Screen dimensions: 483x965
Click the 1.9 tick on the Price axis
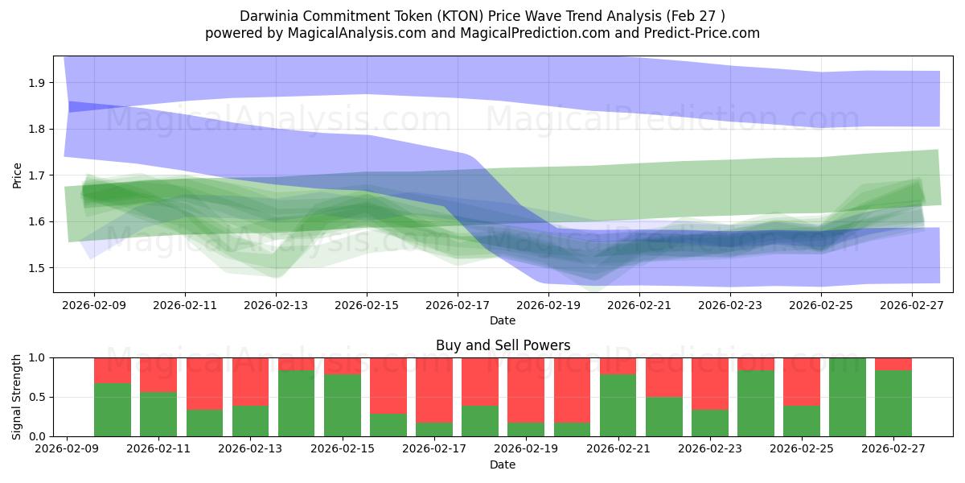[x=37, y=83]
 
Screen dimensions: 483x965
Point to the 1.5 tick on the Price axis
[x=37, y=268]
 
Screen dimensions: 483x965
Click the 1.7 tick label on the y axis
[x=37, y=175]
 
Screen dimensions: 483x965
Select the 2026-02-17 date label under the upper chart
[x=458, y=306]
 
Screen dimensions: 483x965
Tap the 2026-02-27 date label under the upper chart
[x=912, y=306]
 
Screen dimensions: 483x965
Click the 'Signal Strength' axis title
[x=18, y=397]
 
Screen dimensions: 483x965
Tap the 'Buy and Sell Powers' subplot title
[x=503, y=345]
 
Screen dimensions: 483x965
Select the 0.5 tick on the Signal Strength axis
[x=37, y=397]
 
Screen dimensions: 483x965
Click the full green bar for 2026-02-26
[x=848, y=397]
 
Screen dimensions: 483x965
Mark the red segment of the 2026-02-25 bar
[x=802, y=382]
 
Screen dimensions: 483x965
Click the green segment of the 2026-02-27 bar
[x=893, y=402]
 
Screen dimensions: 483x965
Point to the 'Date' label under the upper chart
[x=503, y=320]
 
